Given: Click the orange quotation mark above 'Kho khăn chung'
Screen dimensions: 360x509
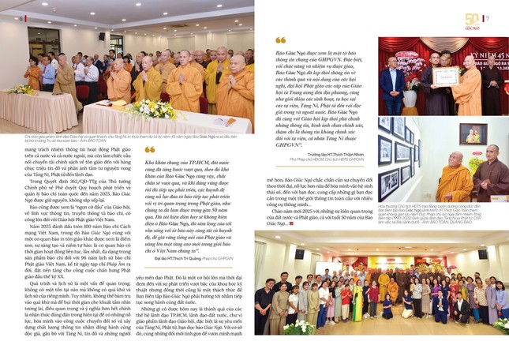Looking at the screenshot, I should coord(150,149).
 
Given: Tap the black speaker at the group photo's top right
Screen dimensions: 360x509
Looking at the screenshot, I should coord(482,254).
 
